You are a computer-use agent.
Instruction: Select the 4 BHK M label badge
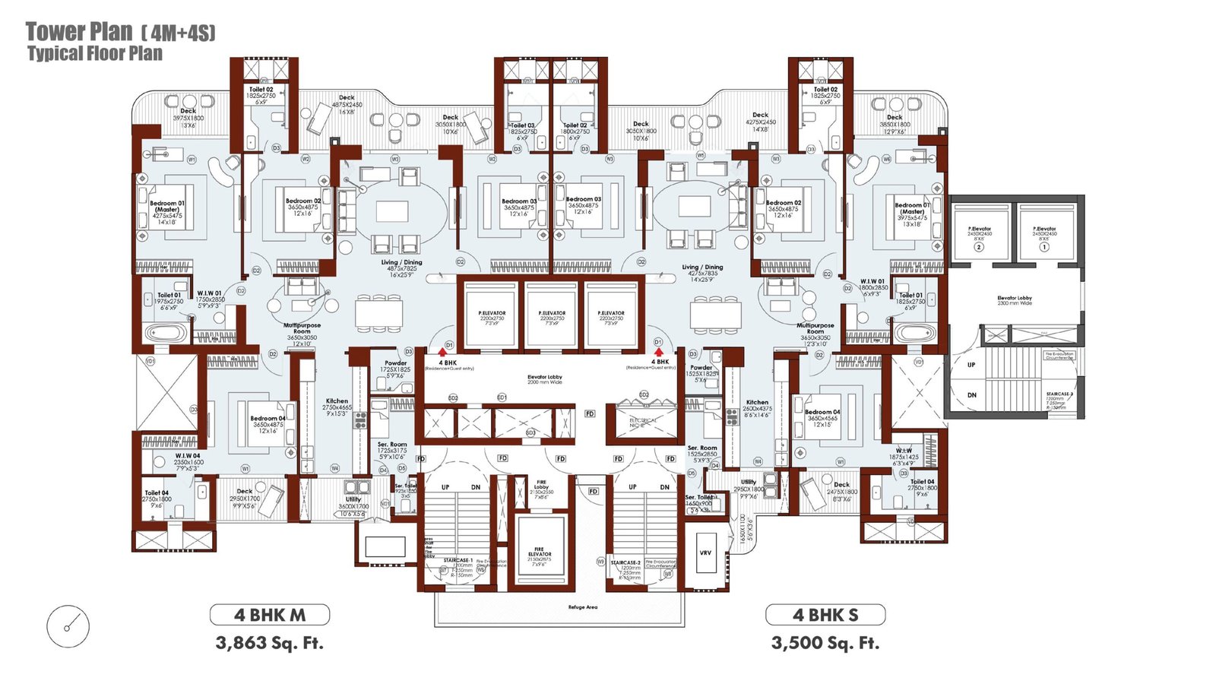tap(270, 615)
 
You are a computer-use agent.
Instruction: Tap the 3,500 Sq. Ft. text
tap(825, 643)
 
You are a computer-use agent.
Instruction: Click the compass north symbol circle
tap(68, 627)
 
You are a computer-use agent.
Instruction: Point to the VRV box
tap(705, 553)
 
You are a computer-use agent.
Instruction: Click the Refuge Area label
tap(582, 607)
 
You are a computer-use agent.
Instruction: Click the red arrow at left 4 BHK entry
tap(442, 352)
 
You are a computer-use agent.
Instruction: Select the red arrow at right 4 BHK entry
tap(658, 352)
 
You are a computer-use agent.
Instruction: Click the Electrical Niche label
tap(643, 423)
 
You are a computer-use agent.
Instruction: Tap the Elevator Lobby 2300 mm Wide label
tap(1015, 300)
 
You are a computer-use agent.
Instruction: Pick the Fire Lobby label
tap(541, 486)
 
